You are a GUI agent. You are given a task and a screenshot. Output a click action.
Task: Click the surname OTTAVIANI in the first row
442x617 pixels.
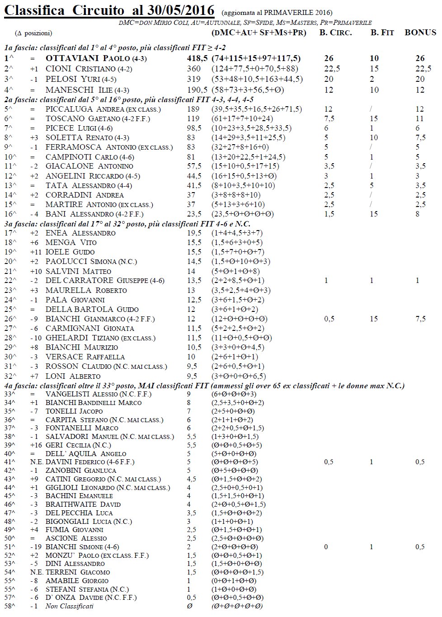pyautogui.click(x=73, y=58)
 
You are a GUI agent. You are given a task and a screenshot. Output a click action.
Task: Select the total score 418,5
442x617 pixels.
pyautogui.click(x=197, y=58)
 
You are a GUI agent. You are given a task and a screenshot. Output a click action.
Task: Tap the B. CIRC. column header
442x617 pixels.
pyautogui.click(x=335, y=33)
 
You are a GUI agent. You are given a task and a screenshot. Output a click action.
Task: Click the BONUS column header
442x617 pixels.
pyautogui.click(x=420, y=33)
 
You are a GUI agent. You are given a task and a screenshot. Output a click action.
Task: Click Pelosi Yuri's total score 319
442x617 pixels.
pyautogui.click(x=194, y=79)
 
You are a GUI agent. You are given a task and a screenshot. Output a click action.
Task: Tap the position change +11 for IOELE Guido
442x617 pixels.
pyautogui.click(x=36, y=252)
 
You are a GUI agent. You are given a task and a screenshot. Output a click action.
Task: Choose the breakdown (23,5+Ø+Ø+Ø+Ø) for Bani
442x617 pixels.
pyautogui.click(x=242, y=214)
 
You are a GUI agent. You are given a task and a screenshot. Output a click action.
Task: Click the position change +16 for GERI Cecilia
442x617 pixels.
pyautogui.click(x=37, y=445)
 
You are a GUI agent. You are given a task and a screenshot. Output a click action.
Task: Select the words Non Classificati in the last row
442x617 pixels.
pyautogui.click(x=69, y=606)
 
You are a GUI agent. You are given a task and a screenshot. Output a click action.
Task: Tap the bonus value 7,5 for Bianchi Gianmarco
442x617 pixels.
pyautogui.click(x=420, y=319)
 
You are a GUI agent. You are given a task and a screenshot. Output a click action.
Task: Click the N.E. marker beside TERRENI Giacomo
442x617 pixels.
pyautogui.click(x=37, y=572)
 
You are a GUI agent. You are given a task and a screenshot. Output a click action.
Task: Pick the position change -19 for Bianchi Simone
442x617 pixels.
pyautogui.click(x=36, y=547)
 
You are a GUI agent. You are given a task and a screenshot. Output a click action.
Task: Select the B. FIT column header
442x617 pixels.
pyautogui.click(x=382, y=33)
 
